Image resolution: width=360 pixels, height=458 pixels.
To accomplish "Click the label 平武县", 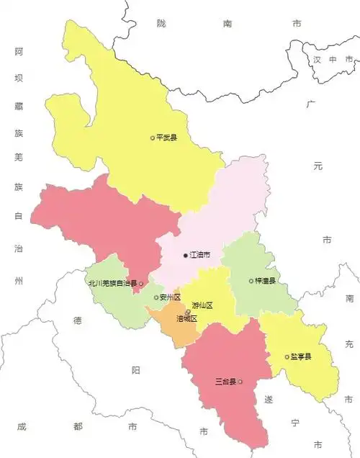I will pos(166,138).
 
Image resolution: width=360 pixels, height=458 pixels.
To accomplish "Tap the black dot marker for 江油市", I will pos(185,256).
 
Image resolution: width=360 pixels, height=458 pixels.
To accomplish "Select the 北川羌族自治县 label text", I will pos(112,284).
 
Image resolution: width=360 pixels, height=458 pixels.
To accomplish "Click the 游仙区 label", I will pos(202,305).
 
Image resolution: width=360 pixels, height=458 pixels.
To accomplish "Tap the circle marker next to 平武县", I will pos(152,138).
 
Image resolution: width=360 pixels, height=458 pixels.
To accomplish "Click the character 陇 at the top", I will pos(161,23).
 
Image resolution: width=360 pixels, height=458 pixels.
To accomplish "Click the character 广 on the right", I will pos(311,105).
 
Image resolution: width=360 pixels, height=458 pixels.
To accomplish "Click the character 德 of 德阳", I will pos(77,322).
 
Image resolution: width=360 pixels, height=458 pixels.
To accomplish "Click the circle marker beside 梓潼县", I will pos(251,281).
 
